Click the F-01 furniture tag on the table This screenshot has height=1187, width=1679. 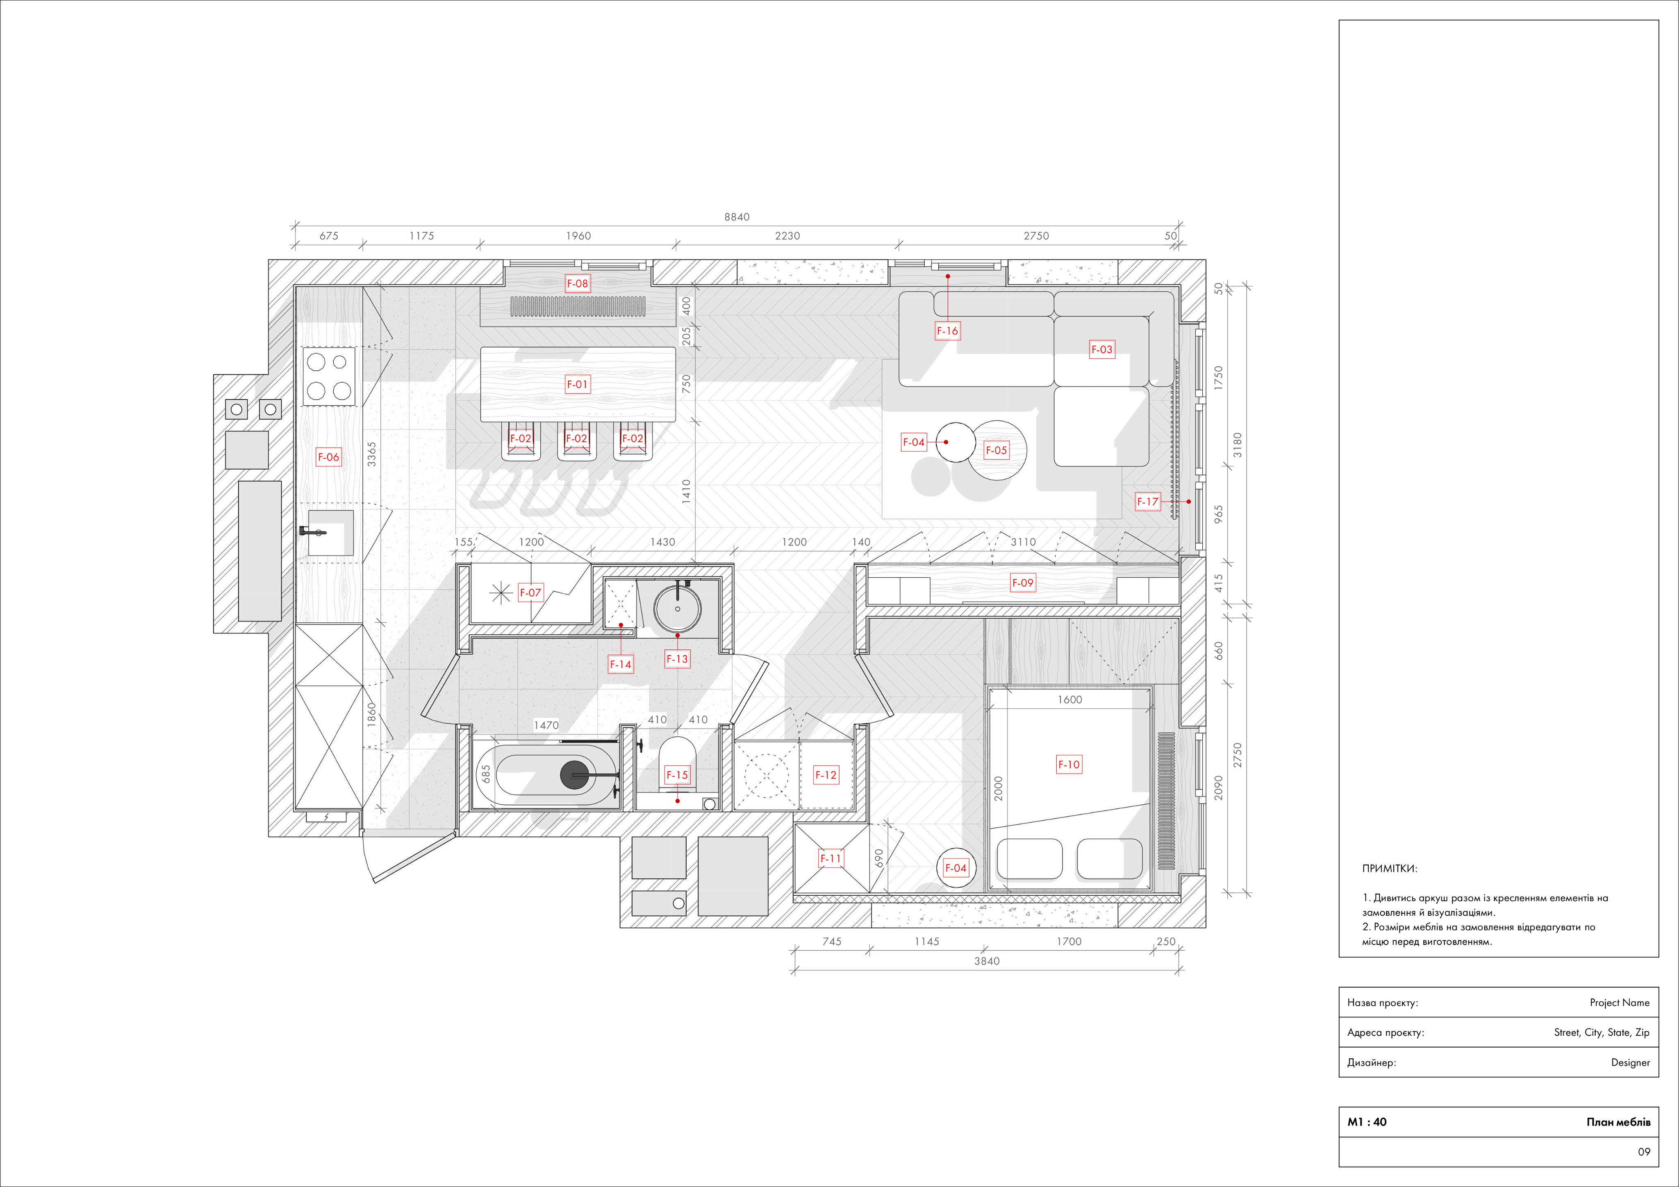tap(577, 384)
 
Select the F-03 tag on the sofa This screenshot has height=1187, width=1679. tap(1101, 350)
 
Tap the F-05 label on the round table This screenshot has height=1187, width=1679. tap(996, 450)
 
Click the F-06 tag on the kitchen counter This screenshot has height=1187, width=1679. tap(328, 457)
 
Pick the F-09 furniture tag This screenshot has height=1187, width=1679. tap(1022, 583)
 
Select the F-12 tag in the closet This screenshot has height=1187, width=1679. tap(826, 775)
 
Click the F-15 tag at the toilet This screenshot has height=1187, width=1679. tap(676, 775)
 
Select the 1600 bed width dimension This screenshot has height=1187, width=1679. tap(1069, 699)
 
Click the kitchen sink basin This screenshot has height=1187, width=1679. tap(330, 533)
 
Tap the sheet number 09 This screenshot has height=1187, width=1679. tap(1644, 1152)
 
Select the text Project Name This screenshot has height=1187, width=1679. tap(1619, 1003)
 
